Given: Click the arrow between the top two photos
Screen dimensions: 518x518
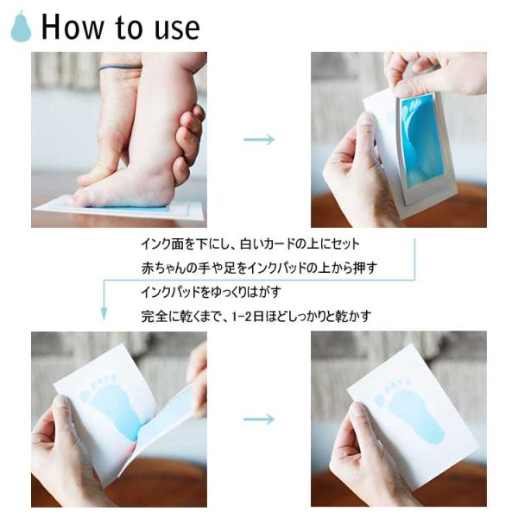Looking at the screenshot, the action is [x=259, y=139].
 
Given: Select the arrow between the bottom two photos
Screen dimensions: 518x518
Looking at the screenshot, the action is [x=259, y=420].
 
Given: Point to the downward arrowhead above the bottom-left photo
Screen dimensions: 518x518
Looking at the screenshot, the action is [x=104, y=314].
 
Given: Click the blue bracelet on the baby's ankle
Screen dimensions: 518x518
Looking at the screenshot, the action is [x=120, y=67].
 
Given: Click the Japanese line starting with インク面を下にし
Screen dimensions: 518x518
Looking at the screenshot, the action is [x=250, y=244].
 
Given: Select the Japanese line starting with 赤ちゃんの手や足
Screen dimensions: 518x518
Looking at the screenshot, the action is [x=259, y=268].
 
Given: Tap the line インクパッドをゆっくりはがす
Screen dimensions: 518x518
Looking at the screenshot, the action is [x=212, y=292].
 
